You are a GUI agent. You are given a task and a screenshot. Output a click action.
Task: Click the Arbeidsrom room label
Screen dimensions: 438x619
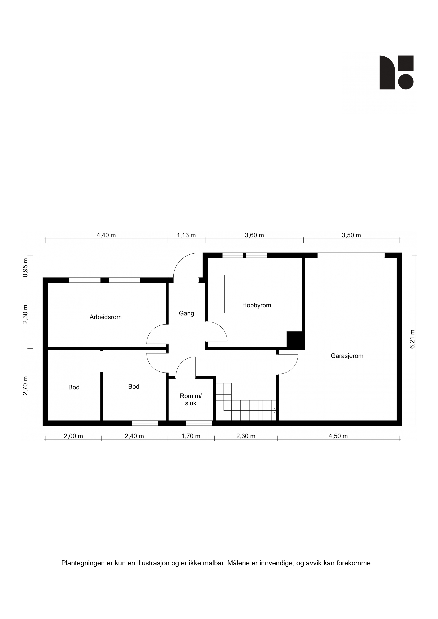coord(105,317)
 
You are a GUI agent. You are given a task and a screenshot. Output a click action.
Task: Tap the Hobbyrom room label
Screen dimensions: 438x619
coord(256,305)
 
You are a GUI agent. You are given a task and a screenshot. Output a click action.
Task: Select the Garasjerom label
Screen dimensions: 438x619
coord(347,356)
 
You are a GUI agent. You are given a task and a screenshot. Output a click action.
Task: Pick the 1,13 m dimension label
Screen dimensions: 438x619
coord(186,235)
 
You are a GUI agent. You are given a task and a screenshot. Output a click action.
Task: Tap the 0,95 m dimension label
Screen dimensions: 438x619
coord(25,268)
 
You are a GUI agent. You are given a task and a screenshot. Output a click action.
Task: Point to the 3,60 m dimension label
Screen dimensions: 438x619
coord(254,235)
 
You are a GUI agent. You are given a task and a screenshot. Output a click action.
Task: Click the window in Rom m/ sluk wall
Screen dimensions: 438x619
coord(199,423)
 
